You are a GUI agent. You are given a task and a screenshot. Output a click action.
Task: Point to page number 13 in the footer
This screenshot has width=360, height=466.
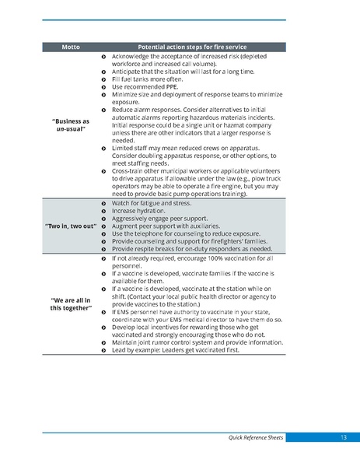[x=343, y=438]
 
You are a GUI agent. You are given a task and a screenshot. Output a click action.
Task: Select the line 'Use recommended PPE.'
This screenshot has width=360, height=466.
[x=142, y=86]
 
